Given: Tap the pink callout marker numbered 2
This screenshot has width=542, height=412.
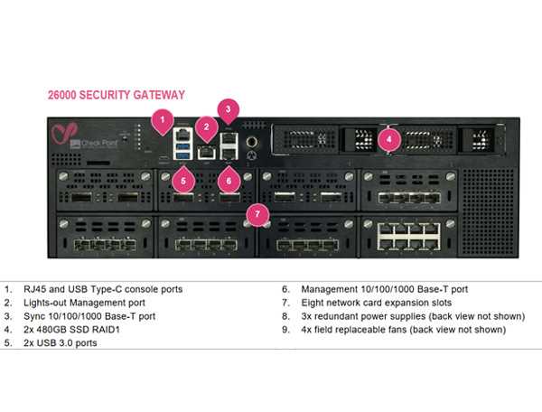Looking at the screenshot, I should (x=207, y=128).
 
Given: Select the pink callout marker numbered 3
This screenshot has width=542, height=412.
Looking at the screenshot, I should (x=229, y=110).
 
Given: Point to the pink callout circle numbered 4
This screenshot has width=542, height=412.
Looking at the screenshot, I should (x=388, y=139).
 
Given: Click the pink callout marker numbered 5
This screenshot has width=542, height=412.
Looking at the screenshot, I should (x=184, y=180).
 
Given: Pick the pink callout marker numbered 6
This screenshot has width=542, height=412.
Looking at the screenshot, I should (x=229, y=180).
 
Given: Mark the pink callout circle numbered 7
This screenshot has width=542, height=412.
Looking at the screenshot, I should (x=259, y=214).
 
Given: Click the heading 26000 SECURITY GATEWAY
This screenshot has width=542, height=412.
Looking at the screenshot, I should (x=116, y=95).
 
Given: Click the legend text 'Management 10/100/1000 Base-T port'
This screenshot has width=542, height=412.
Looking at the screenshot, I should (x=379, y=289).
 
